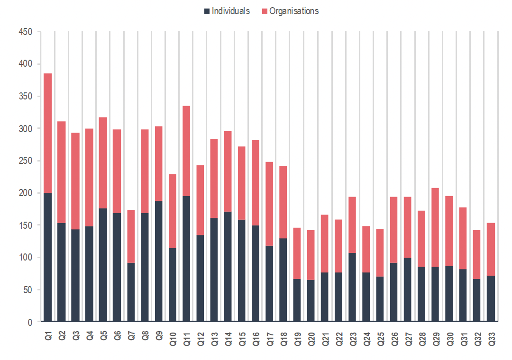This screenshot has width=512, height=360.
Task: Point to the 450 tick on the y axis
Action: coord(25,32)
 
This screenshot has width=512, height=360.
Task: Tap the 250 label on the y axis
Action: coord(25,161)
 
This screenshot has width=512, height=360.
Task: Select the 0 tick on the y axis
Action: coord(29,322)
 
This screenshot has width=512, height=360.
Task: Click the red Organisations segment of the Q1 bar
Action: coord(47,133)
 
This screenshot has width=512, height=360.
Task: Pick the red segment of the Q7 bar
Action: coord(130,236)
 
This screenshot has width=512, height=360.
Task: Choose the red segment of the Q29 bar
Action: coord(435,227)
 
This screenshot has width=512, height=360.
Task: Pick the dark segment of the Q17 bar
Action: coord(269,284)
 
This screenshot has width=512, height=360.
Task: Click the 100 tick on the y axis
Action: coord(25,258)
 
